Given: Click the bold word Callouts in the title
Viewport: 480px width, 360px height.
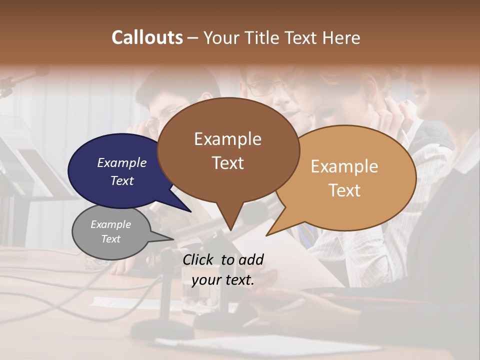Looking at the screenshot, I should click(x=147, y=37).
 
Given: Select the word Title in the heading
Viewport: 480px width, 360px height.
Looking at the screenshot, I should click(x=263, y=37).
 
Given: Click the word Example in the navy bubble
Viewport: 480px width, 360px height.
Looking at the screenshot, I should click(x=122, y=162).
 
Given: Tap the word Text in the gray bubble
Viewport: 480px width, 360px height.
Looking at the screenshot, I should click(x=111, y=239).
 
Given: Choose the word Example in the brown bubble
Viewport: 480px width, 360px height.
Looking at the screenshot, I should click(x=227, y=138).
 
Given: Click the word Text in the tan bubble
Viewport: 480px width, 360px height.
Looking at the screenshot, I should click(x=344, y=190).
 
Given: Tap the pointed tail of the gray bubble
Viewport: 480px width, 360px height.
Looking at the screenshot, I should click(x=162, y=239).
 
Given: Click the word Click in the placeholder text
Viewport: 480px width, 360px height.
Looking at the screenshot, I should click(x=198, y=259).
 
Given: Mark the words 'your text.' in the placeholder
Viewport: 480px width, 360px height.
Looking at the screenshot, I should click(x=223, y=280).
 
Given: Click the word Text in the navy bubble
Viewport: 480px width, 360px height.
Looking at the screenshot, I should click(x=122, y=180).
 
